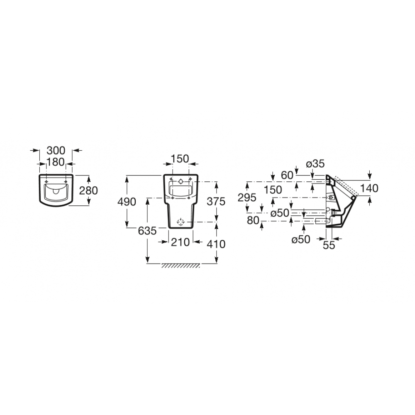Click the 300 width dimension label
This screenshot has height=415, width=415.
tap(56, 150)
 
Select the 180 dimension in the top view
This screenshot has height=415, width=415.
tap(56, 162)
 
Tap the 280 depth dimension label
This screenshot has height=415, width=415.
tap(89, 190)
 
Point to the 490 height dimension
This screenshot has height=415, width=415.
tap(127, 202)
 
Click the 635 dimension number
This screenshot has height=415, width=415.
tap(147, 231)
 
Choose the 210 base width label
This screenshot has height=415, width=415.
tap(181, 242)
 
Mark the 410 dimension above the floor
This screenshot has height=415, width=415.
tap(216, 244)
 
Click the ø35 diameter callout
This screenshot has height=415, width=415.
tap(315, 164)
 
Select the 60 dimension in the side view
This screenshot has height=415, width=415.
tap(287, 175)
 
